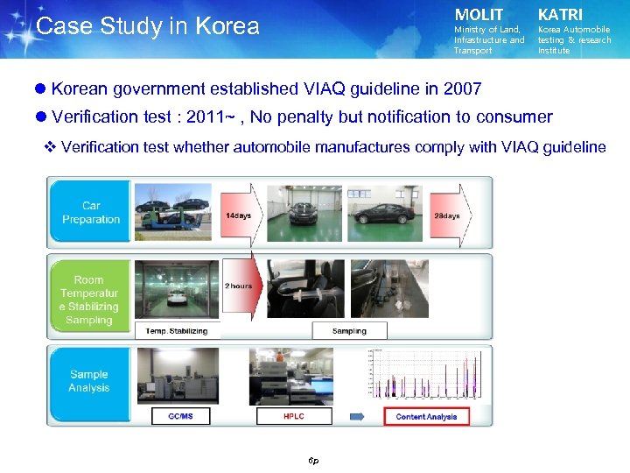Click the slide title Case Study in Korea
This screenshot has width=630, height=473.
(x=148, y=26)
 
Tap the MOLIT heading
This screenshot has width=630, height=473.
(x=479, y=15)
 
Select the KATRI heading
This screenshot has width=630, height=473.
(x=560, y=15)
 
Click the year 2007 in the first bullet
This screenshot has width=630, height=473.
(x=463, y=88)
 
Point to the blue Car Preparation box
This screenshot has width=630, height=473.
(x=91, y=213)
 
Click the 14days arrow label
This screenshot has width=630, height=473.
(x=238, y=215)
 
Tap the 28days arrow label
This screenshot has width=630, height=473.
(x=446, y=215)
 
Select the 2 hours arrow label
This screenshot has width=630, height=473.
(x=239, y=286)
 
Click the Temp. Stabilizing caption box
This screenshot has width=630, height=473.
(x=177, y=331)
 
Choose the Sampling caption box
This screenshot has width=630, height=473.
(x=349, y=331)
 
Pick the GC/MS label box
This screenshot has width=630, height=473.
(x=180, y=416)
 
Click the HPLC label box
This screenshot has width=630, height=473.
(x=294, y=416)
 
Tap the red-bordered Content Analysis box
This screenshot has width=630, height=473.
(x=426, y=416)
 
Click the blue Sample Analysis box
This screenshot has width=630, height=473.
(x=89, y=381)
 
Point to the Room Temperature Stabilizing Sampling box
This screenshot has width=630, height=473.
(x=89, y=300)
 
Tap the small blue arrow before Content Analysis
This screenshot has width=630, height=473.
(x=359, y=416)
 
